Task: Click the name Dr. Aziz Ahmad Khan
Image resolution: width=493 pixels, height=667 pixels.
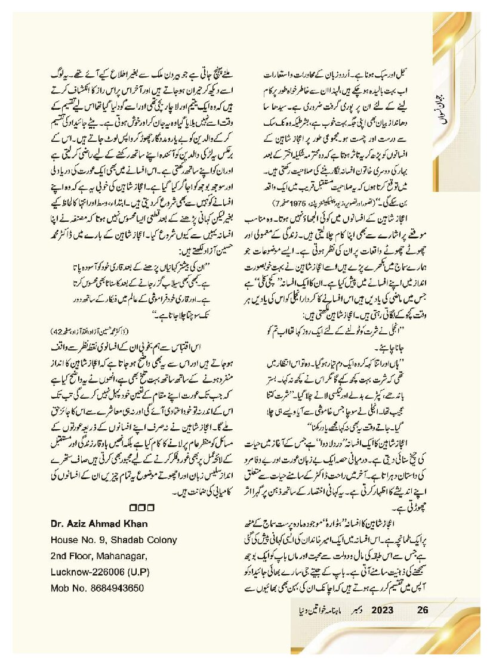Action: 97,523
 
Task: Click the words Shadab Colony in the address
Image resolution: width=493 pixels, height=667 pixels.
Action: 147,540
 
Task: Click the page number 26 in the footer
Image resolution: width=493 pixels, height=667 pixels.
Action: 423,610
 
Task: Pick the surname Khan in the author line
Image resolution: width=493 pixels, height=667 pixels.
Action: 135,523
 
